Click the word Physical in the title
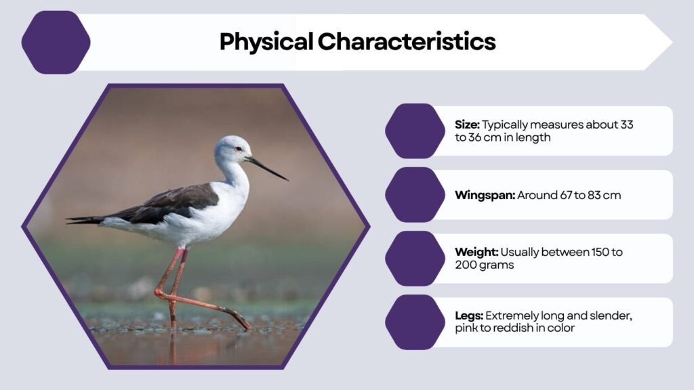[x=266, y=42]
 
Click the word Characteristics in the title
[x=407, y=42]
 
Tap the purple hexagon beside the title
[x=56, y=42]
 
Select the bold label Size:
[x=467, y=125]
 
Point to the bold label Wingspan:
[x=485, y=195]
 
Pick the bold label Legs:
[x=469, y=316]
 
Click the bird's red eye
[x=238, y=148]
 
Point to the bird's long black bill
[x=268, y=169]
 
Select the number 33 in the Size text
[x=626, y=125]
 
